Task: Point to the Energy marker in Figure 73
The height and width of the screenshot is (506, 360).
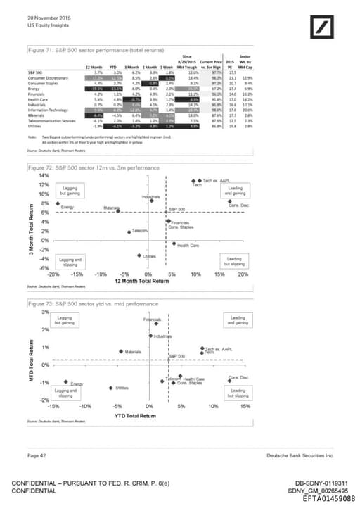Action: [63, 384]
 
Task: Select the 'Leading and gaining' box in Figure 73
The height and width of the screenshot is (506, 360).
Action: [238, 320]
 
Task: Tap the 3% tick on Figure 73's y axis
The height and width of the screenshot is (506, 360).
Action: [44, 311]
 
